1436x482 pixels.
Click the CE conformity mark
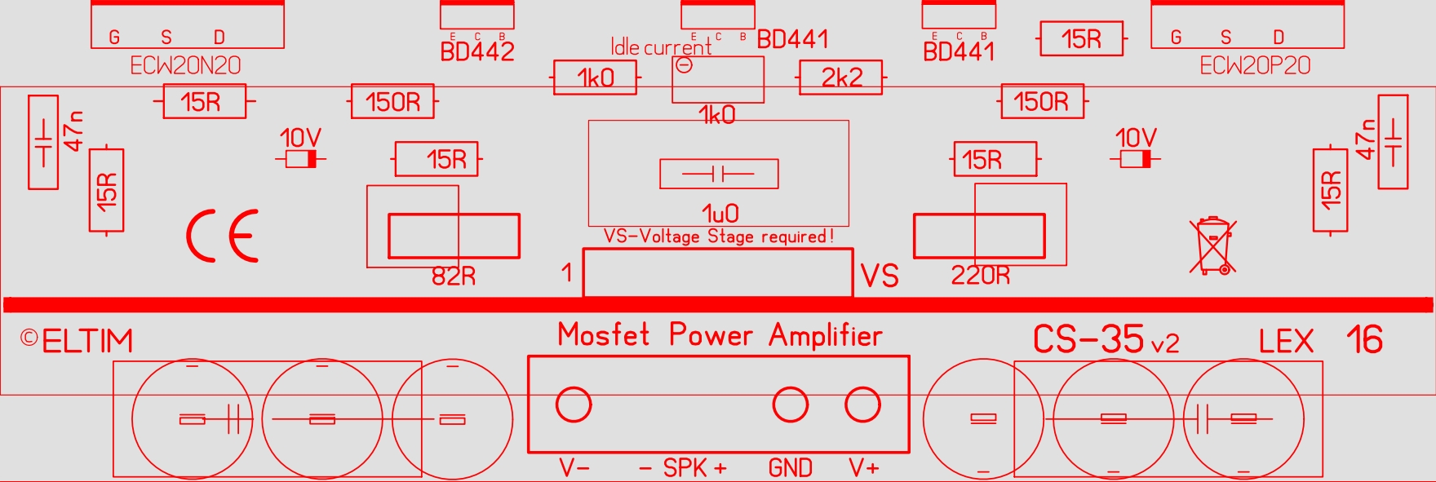pyautogui.click(x=222, y=236)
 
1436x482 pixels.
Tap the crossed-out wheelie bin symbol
pyautogui.click(x=1212, y=245)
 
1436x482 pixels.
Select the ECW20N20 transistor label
pyautogui.click(x=185, y=65)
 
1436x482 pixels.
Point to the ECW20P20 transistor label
pyautogui.click(x=1255, y=65)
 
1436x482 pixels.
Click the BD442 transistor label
pyautogui.click(x=477, y=52)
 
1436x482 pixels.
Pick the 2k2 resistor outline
pyautogui.click(x=841, y=77)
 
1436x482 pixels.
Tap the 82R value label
pyautogui.click(x=454, y=276)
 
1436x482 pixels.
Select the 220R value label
pyautogui.click(x=980, y=276)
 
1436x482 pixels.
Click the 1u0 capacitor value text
pyautogui.click(x=720, y=214)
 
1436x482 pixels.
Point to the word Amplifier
pyautogui.click(x=825, y=335)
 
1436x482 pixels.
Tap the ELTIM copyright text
pyautogui.click(x=78, y=341)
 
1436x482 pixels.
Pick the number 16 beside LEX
pyautogui.click(x=1364, y=340)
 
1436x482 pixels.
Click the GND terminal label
pyautogui.click(x=790, y=468)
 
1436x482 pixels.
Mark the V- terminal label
pyautogui.click(x=574, y=468)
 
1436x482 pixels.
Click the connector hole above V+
pyautogui.click(x=862, y=405)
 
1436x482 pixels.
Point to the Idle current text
pyautogui.click(x=660, y=47)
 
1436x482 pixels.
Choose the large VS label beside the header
pyautogui.click(x=880, y=276)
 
